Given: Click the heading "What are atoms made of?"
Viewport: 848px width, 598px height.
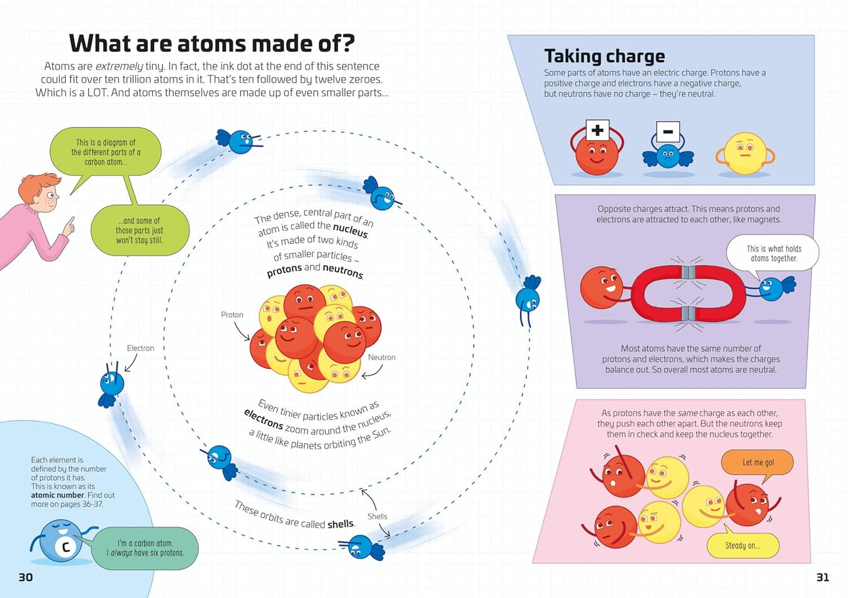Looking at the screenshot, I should point(212,43).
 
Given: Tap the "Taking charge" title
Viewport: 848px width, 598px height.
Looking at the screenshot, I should point(604,56).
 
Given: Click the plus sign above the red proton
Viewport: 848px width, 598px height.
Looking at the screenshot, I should point(597,130).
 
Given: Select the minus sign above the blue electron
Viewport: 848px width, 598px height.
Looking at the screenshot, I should point(668,132).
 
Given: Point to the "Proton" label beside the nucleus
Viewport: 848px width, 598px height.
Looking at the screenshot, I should point(232,315).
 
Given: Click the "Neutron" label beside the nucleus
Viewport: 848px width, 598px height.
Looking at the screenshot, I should point(381,357).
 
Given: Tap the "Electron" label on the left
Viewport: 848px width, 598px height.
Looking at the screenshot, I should point(140,348).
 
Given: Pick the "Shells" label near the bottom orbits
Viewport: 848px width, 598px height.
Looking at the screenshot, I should point(377,517).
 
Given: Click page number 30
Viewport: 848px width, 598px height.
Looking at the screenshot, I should point(26,577).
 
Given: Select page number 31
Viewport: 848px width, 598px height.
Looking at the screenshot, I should point(823,577).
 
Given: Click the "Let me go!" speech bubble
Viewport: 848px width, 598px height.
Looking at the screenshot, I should point(758,463).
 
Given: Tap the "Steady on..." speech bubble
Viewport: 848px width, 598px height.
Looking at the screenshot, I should point(742,546).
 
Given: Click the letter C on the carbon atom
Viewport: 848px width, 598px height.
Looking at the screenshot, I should point(66,547).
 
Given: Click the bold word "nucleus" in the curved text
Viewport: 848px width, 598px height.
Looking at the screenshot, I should point(350,230).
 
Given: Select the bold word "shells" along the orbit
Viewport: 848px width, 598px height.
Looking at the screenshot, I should point(340,524).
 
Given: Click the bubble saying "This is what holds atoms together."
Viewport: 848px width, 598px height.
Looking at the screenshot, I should point(773,253).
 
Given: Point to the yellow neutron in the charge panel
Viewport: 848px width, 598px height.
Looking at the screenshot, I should point(745,154).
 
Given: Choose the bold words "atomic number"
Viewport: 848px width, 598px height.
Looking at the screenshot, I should point(58,495).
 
